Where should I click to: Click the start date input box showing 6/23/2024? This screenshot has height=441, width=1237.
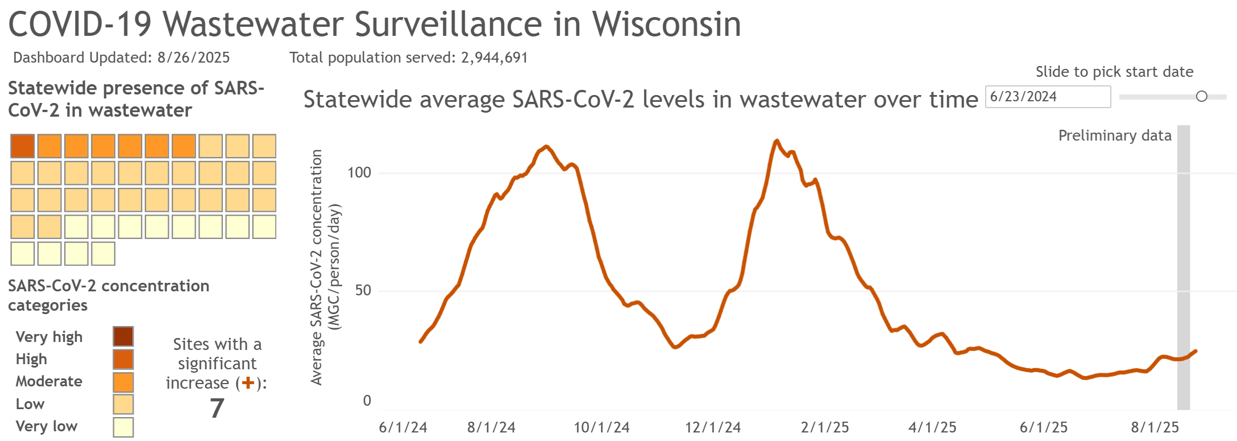[x=1047, y=97]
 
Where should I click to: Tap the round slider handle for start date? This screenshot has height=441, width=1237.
[x=1201, y=96]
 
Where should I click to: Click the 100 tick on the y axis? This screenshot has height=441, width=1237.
[x=359, y=172]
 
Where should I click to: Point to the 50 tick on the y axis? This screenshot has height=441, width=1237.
[x=363, y=290]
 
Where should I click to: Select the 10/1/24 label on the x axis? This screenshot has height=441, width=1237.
[x=601, y=427]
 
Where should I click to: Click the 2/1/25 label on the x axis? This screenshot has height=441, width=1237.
[x=824, y=427]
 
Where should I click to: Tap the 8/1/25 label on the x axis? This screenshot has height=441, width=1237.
[x=1155, y=427]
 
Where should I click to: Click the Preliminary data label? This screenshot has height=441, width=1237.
[x=1114, y=135]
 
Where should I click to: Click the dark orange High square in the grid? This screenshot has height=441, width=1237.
[x=23, y=146]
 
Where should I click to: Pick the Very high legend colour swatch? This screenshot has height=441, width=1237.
[x=123, y=336]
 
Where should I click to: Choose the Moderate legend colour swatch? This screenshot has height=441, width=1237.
[x=123, y=382]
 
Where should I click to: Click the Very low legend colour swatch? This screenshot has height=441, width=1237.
[x=123, y=427]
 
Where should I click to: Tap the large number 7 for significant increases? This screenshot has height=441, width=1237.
[x=217, y=408]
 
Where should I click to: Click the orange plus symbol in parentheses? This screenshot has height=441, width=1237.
[x=248, y=383]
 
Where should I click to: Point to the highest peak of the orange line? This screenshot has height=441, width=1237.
[x=777, y=141]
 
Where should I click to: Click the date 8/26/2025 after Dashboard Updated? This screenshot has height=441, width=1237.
[x=193, y=57]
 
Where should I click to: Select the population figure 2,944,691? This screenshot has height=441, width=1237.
[x=494, y=57]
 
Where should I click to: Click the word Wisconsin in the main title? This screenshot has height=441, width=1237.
[x=666, y=24]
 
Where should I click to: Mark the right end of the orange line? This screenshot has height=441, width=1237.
[x=1196, y=351]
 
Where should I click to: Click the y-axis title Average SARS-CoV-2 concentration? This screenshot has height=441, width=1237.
[x=317, y=267]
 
